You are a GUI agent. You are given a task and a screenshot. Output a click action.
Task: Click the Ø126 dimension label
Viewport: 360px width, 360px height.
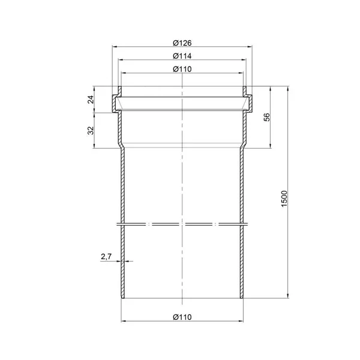(182, 43)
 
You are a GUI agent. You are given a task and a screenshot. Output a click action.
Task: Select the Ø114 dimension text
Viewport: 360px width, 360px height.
(182, 56)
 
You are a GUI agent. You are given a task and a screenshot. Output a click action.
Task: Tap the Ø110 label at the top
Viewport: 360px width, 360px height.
(182, 69)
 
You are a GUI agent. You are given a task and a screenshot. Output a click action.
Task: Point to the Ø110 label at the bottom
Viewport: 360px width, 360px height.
(182, 317)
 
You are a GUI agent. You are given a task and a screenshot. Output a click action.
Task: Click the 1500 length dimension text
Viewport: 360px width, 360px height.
(284, 199)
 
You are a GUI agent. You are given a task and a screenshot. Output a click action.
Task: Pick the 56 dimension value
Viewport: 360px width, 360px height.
(267, 117)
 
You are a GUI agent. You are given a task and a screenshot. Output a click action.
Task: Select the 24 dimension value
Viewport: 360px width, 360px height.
(91, 100)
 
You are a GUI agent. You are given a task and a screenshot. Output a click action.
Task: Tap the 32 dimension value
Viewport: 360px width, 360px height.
(91, 130)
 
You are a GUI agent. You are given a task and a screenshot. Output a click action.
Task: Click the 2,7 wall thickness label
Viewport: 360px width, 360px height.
(106, 256)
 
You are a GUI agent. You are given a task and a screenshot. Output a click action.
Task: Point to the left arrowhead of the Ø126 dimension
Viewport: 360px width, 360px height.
(114, 47)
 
